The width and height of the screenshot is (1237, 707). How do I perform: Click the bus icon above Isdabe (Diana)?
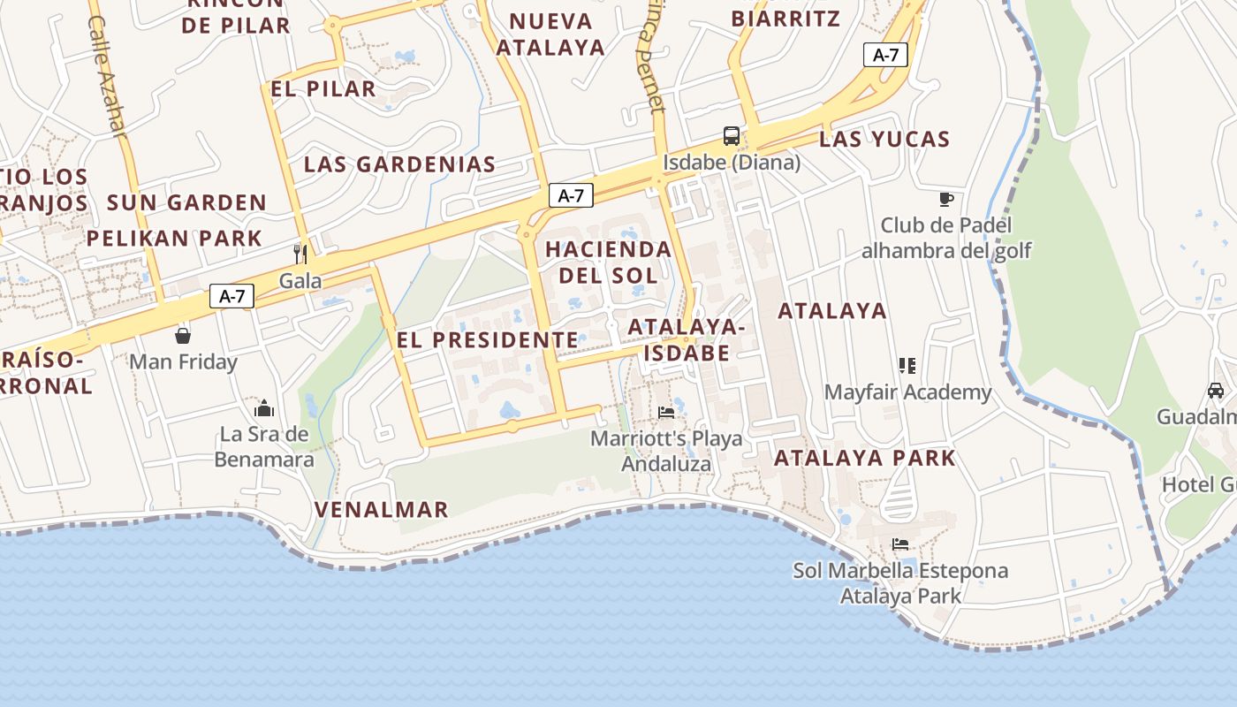pyautogui.click(x=732, y=135)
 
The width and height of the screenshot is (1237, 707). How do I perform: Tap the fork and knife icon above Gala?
pyautogui.click(x=300, y=255)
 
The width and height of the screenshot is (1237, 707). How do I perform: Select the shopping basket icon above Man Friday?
pyautogui.click(x=183, y=336)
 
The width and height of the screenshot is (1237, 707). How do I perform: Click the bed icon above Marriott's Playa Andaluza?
pyautogui.click(x=666, y=412)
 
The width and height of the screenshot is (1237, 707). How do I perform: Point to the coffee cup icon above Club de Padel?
pyautogui.click(x=946, y=199)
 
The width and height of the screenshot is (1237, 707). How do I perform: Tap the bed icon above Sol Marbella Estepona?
pyautogui.click(x=900, y=544)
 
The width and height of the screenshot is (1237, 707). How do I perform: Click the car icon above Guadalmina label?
pyautogui.click(x=1216, y=391)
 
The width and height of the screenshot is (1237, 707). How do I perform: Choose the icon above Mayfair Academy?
pyautogui.click(x=907, y=365)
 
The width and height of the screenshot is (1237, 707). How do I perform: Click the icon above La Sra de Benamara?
pyautogui.click(x=264, y=408)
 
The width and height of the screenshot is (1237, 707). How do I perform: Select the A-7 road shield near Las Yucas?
pyautogui.click(x=885, y=55)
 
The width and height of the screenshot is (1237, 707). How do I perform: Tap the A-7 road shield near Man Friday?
pyautogui.click(x=231, y=296)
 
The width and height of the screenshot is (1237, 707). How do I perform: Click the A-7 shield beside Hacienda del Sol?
pyautogui.click(x=571, y=195)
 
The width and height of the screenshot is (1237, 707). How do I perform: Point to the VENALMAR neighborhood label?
pyautogui.click(x=382, y=509)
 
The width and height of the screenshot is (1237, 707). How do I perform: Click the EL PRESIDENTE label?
pyautogui.click(x=488, y=339)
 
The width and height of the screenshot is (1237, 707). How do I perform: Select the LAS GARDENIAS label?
pyautogui.click(x=399, y=163)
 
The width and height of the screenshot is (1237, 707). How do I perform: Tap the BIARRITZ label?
pyautogui.click(x=785, y=19)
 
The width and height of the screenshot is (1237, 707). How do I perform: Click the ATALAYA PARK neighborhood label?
pyautogui.click(x=864, y=458)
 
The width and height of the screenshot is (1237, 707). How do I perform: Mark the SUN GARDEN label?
pyautogui.click(x=186, y=202)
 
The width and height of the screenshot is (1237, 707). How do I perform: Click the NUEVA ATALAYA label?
pyautogui.click(x=550, y=34)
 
